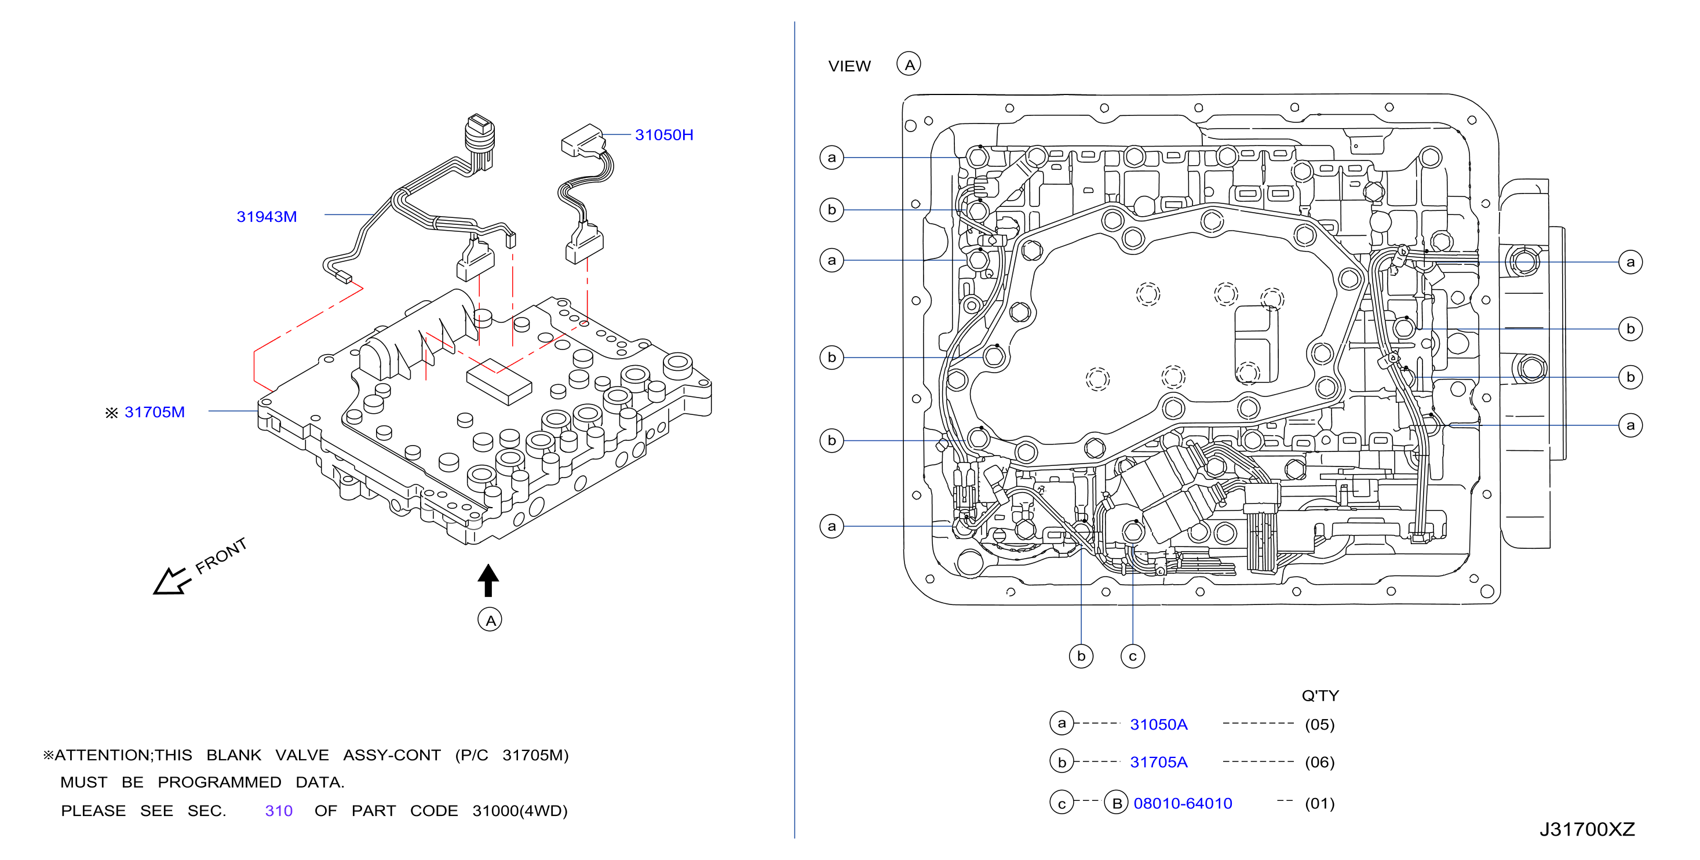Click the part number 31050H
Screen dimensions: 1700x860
[664, 134]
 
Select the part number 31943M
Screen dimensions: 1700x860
[267, 217]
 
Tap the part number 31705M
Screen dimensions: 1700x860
[155, 412]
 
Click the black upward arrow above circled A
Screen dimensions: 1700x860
[488, 580]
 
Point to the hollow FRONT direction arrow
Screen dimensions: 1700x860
[172, 581]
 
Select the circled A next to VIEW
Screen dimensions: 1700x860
[909, 64]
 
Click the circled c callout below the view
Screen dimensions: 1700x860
[1132, 656]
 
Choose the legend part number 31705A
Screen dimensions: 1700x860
[1158, 761]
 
